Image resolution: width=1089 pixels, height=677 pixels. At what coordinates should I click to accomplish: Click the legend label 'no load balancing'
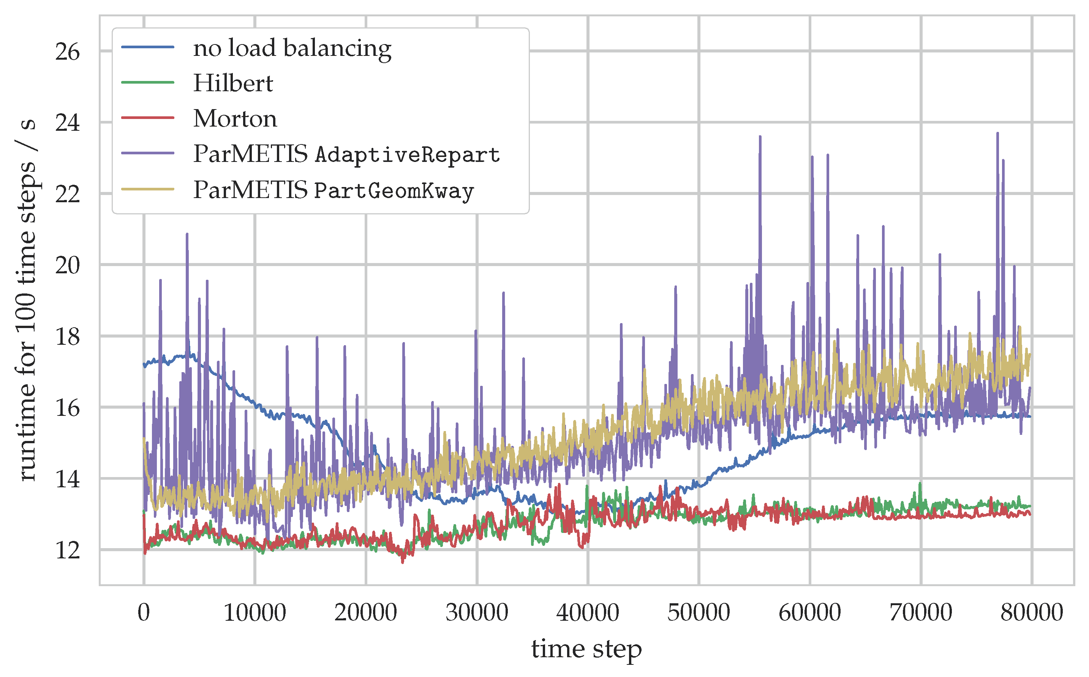[x=292, y=48]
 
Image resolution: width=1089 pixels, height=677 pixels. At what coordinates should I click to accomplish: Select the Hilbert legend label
[x=233, y=83]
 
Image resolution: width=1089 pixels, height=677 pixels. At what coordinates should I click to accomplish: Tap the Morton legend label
[x=235, y=119]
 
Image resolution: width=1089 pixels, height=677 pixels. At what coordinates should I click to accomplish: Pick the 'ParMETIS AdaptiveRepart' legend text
[x=346, y=154]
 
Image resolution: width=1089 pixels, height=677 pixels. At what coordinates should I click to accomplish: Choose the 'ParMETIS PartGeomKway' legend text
[x=333, y=190]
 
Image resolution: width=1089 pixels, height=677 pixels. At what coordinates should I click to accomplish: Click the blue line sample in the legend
[x=148, y=47]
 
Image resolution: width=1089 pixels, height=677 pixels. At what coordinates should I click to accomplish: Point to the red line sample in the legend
[x=148, y=118]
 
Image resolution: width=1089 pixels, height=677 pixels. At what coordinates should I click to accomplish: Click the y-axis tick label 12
[x=67, y=550]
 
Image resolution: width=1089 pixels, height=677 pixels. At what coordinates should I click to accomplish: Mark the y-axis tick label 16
[x=67, y=408]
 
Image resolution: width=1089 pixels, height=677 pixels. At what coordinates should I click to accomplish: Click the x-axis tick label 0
[x=144, y=612]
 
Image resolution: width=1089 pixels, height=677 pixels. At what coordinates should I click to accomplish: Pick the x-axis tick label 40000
[x=588, y=612]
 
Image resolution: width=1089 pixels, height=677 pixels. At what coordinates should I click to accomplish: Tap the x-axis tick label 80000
[x=1032, y=612]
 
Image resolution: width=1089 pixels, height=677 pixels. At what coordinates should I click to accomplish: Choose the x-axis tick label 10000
[x=254, y=612]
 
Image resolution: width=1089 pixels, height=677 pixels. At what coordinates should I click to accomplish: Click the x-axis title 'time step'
[x=586, y=649]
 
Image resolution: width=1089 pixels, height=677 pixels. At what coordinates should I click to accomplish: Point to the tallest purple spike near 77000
[x=997, y=133]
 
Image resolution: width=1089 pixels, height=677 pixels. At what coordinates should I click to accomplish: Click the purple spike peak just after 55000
[x=760, y=137]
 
